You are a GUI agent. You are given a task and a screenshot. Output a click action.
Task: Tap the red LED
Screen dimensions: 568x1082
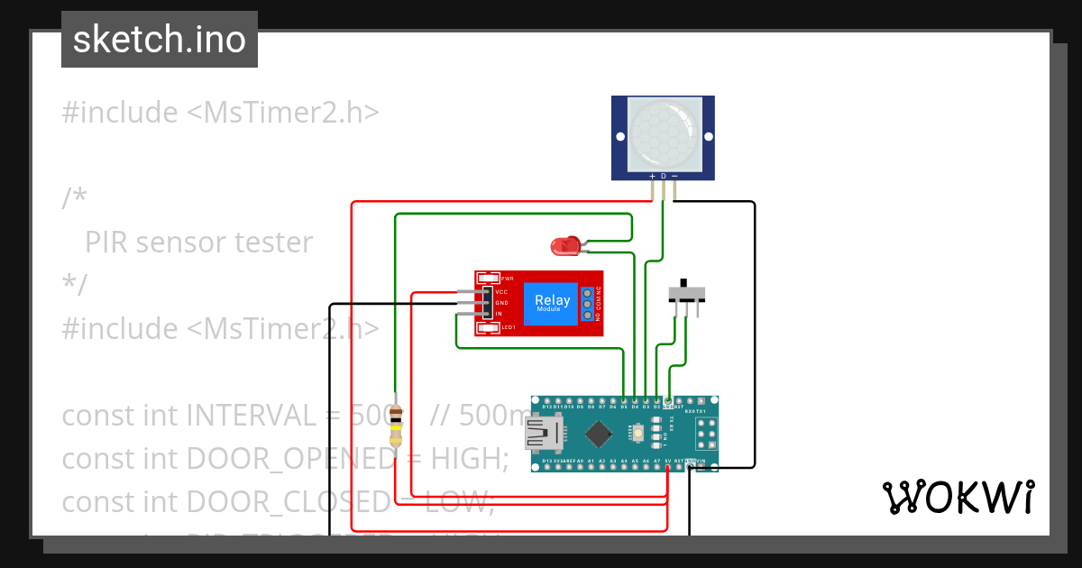(565, 244)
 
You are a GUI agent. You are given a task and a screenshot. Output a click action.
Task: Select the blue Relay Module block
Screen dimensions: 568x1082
(552, 303)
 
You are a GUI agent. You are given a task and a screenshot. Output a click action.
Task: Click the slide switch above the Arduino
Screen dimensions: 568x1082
(687, 294)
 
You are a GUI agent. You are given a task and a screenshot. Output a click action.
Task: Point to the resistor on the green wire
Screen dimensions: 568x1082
(395, 427)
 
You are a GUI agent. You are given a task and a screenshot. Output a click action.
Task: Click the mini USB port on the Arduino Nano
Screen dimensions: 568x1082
(545, 437)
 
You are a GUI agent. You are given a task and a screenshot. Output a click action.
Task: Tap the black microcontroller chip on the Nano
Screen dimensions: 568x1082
(598, 435)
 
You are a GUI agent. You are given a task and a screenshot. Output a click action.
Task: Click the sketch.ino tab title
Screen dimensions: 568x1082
(160, 40)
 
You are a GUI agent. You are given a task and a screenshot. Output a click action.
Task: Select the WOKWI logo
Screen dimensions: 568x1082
(958, 498)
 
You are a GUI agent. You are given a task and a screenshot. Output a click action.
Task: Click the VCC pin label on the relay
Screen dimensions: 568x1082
(501, 292)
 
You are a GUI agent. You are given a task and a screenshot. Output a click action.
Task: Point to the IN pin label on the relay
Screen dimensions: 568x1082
(499, 313)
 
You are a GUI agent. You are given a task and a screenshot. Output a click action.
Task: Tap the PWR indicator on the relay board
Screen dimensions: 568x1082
(488, 279)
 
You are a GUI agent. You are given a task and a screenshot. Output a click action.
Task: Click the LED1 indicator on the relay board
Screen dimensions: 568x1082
(488, 327)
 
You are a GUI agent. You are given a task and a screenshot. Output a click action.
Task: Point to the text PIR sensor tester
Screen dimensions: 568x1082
(198, 242)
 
